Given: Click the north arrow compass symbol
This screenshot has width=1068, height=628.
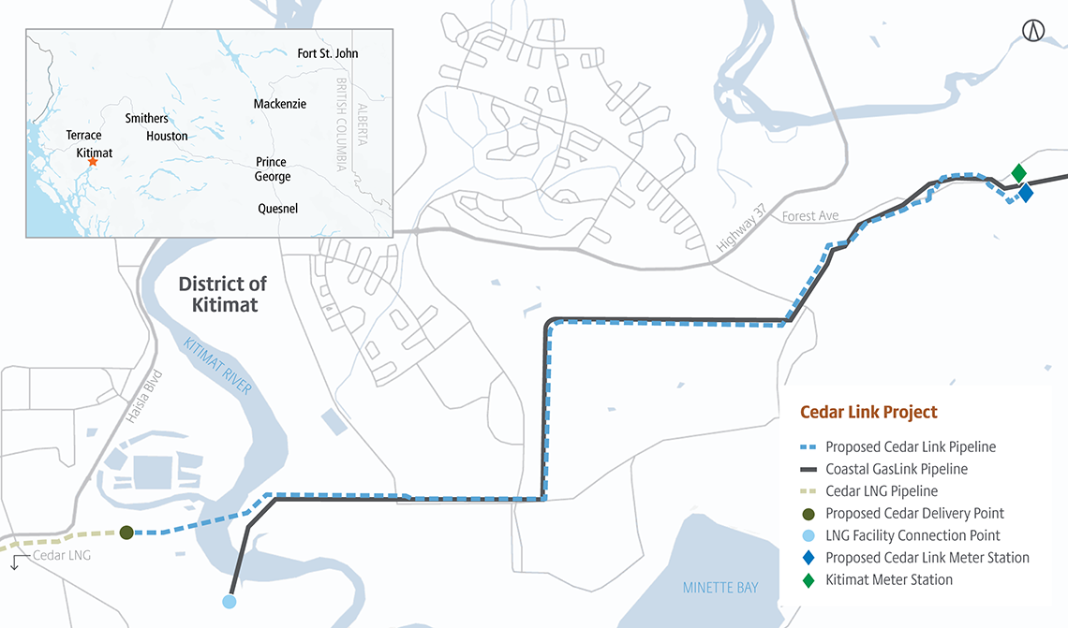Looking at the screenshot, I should (1033, 30).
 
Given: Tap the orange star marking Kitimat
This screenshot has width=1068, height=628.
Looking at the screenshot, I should (92, 162).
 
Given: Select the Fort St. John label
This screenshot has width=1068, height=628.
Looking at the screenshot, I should (327, 53).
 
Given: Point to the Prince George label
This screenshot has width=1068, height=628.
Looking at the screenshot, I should (273, 169).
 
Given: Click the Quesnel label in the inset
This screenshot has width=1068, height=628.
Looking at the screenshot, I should (277, 209).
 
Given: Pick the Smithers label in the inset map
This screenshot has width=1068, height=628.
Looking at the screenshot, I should (147, 119).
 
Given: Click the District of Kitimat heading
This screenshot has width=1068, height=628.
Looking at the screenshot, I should (223, 294).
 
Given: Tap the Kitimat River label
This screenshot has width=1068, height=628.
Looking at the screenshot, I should (217, 365).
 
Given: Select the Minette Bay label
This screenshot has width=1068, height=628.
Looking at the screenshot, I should (719, 587).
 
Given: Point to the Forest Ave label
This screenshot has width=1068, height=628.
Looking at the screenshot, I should (810, 216).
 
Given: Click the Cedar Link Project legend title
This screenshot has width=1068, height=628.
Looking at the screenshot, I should (868, 412).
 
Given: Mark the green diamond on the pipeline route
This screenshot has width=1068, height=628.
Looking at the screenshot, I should (1018, 173).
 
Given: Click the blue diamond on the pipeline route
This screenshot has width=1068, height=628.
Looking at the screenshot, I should (1026, 193).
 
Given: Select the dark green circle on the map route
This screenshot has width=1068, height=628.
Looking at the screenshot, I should (126, 533).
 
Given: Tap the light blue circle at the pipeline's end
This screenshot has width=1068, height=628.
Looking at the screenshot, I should (230, 602).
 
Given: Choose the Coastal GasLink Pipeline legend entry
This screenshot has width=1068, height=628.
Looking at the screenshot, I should (896, 469).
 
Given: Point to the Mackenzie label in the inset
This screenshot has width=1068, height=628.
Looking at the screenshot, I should (279, 104).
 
